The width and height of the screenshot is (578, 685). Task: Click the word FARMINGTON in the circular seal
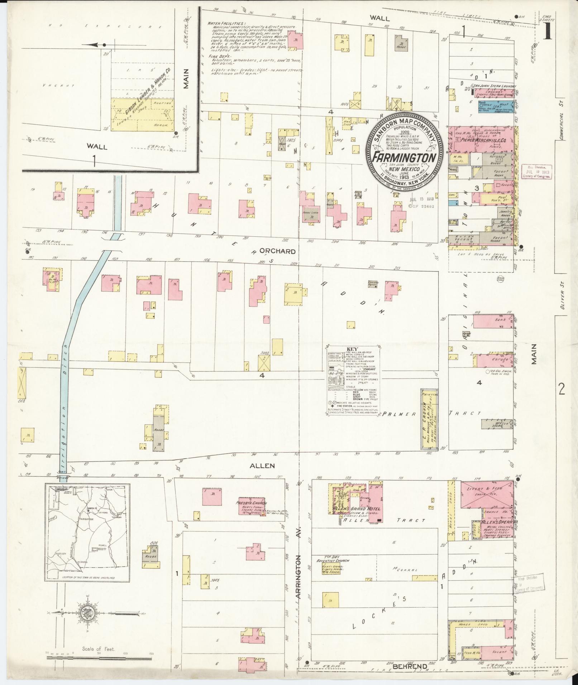coord(405,158)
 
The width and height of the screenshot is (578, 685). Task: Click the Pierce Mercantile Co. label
coord(482,141)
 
